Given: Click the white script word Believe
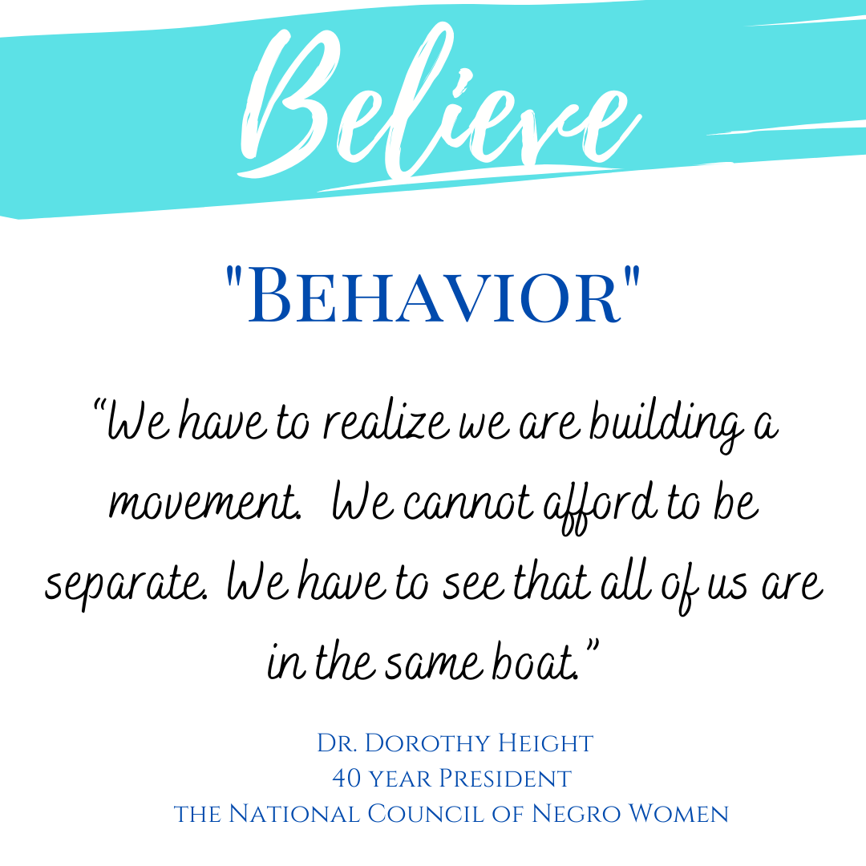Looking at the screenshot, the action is [440, 105].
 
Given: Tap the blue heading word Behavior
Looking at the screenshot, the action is [434, 295].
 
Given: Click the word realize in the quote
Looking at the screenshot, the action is [386, 423].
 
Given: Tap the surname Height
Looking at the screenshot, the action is [546, 743].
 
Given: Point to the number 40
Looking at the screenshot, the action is [346, 779].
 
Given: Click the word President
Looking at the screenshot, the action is [505, 779].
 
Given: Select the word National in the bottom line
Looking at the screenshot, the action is [293, 814].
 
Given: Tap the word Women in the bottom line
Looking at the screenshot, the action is [679, 814].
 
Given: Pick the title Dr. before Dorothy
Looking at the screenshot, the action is [338, 743].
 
